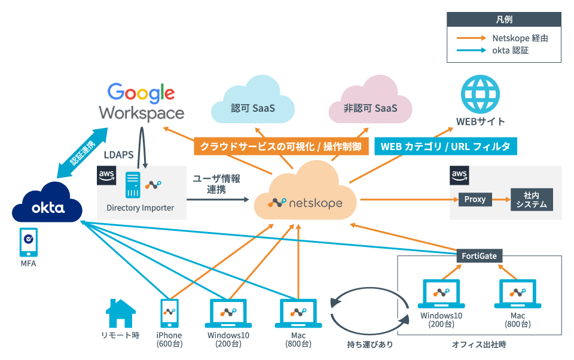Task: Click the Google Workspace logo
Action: tap(141, 102)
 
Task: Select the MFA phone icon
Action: tap(28, 242)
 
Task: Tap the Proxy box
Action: tap(475, 199)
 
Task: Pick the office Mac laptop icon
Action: tap(517, 294)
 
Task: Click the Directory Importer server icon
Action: tap(133, 185)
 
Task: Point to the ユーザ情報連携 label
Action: tap(216, 184)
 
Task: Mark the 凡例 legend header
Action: tap(504, 19)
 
